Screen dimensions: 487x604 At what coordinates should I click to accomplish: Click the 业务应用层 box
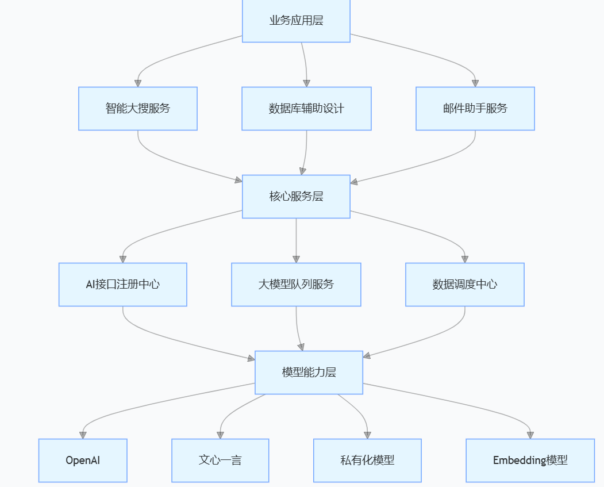(296, 21)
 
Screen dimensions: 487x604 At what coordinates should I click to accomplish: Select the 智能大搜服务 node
(138, 108)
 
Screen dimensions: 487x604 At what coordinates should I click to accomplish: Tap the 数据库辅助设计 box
(306, 108)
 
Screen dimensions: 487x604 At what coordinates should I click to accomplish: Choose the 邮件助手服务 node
(475, 108)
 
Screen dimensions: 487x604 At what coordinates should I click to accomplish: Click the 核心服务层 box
(296, 196)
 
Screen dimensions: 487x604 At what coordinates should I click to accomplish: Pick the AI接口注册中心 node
(123, 284)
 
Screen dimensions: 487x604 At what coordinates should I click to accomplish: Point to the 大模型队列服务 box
(296, 284)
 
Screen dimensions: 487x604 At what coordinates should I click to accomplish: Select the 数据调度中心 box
(465, 284)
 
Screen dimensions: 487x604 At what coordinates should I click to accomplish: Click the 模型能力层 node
(309, 372)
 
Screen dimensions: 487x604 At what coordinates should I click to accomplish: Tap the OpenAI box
(83, 460)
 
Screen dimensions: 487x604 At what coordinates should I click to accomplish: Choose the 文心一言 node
(220, 460)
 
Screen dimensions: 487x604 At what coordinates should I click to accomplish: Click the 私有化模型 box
(367, 460)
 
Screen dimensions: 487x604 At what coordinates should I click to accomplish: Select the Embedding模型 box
(530, 460)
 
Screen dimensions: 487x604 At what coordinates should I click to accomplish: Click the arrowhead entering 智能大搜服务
(138, 83)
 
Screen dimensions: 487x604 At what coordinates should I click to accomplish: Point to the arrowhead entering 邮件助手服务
(475, 83)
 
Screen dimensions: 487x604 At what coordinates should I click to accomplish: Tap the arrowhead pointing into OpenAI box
(83, 435)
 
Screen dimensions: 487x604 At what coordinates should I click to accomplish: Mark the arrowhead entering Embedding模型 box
(530, 435)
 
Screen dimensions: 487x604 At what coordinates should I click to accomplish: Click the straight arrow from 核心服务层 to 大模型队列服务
(296, 239)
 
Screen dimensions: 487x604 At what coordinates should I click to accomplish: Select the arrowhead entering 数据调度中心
(465, 259)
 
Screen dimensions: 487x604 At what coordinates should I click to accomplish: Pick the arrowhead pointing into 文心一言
(220, 435)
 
